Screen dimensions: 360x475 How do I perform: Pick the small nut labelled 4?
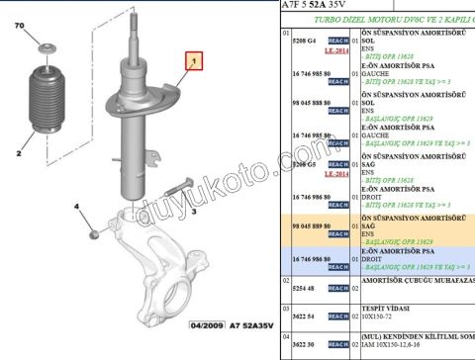(93, 234)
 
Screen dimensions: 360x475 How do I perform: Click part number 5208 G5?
(299, 164)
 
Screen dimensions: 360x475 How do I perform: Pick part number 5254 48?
(298, 288)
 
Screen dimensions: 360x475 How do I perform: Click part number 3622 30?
(298, 343)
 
